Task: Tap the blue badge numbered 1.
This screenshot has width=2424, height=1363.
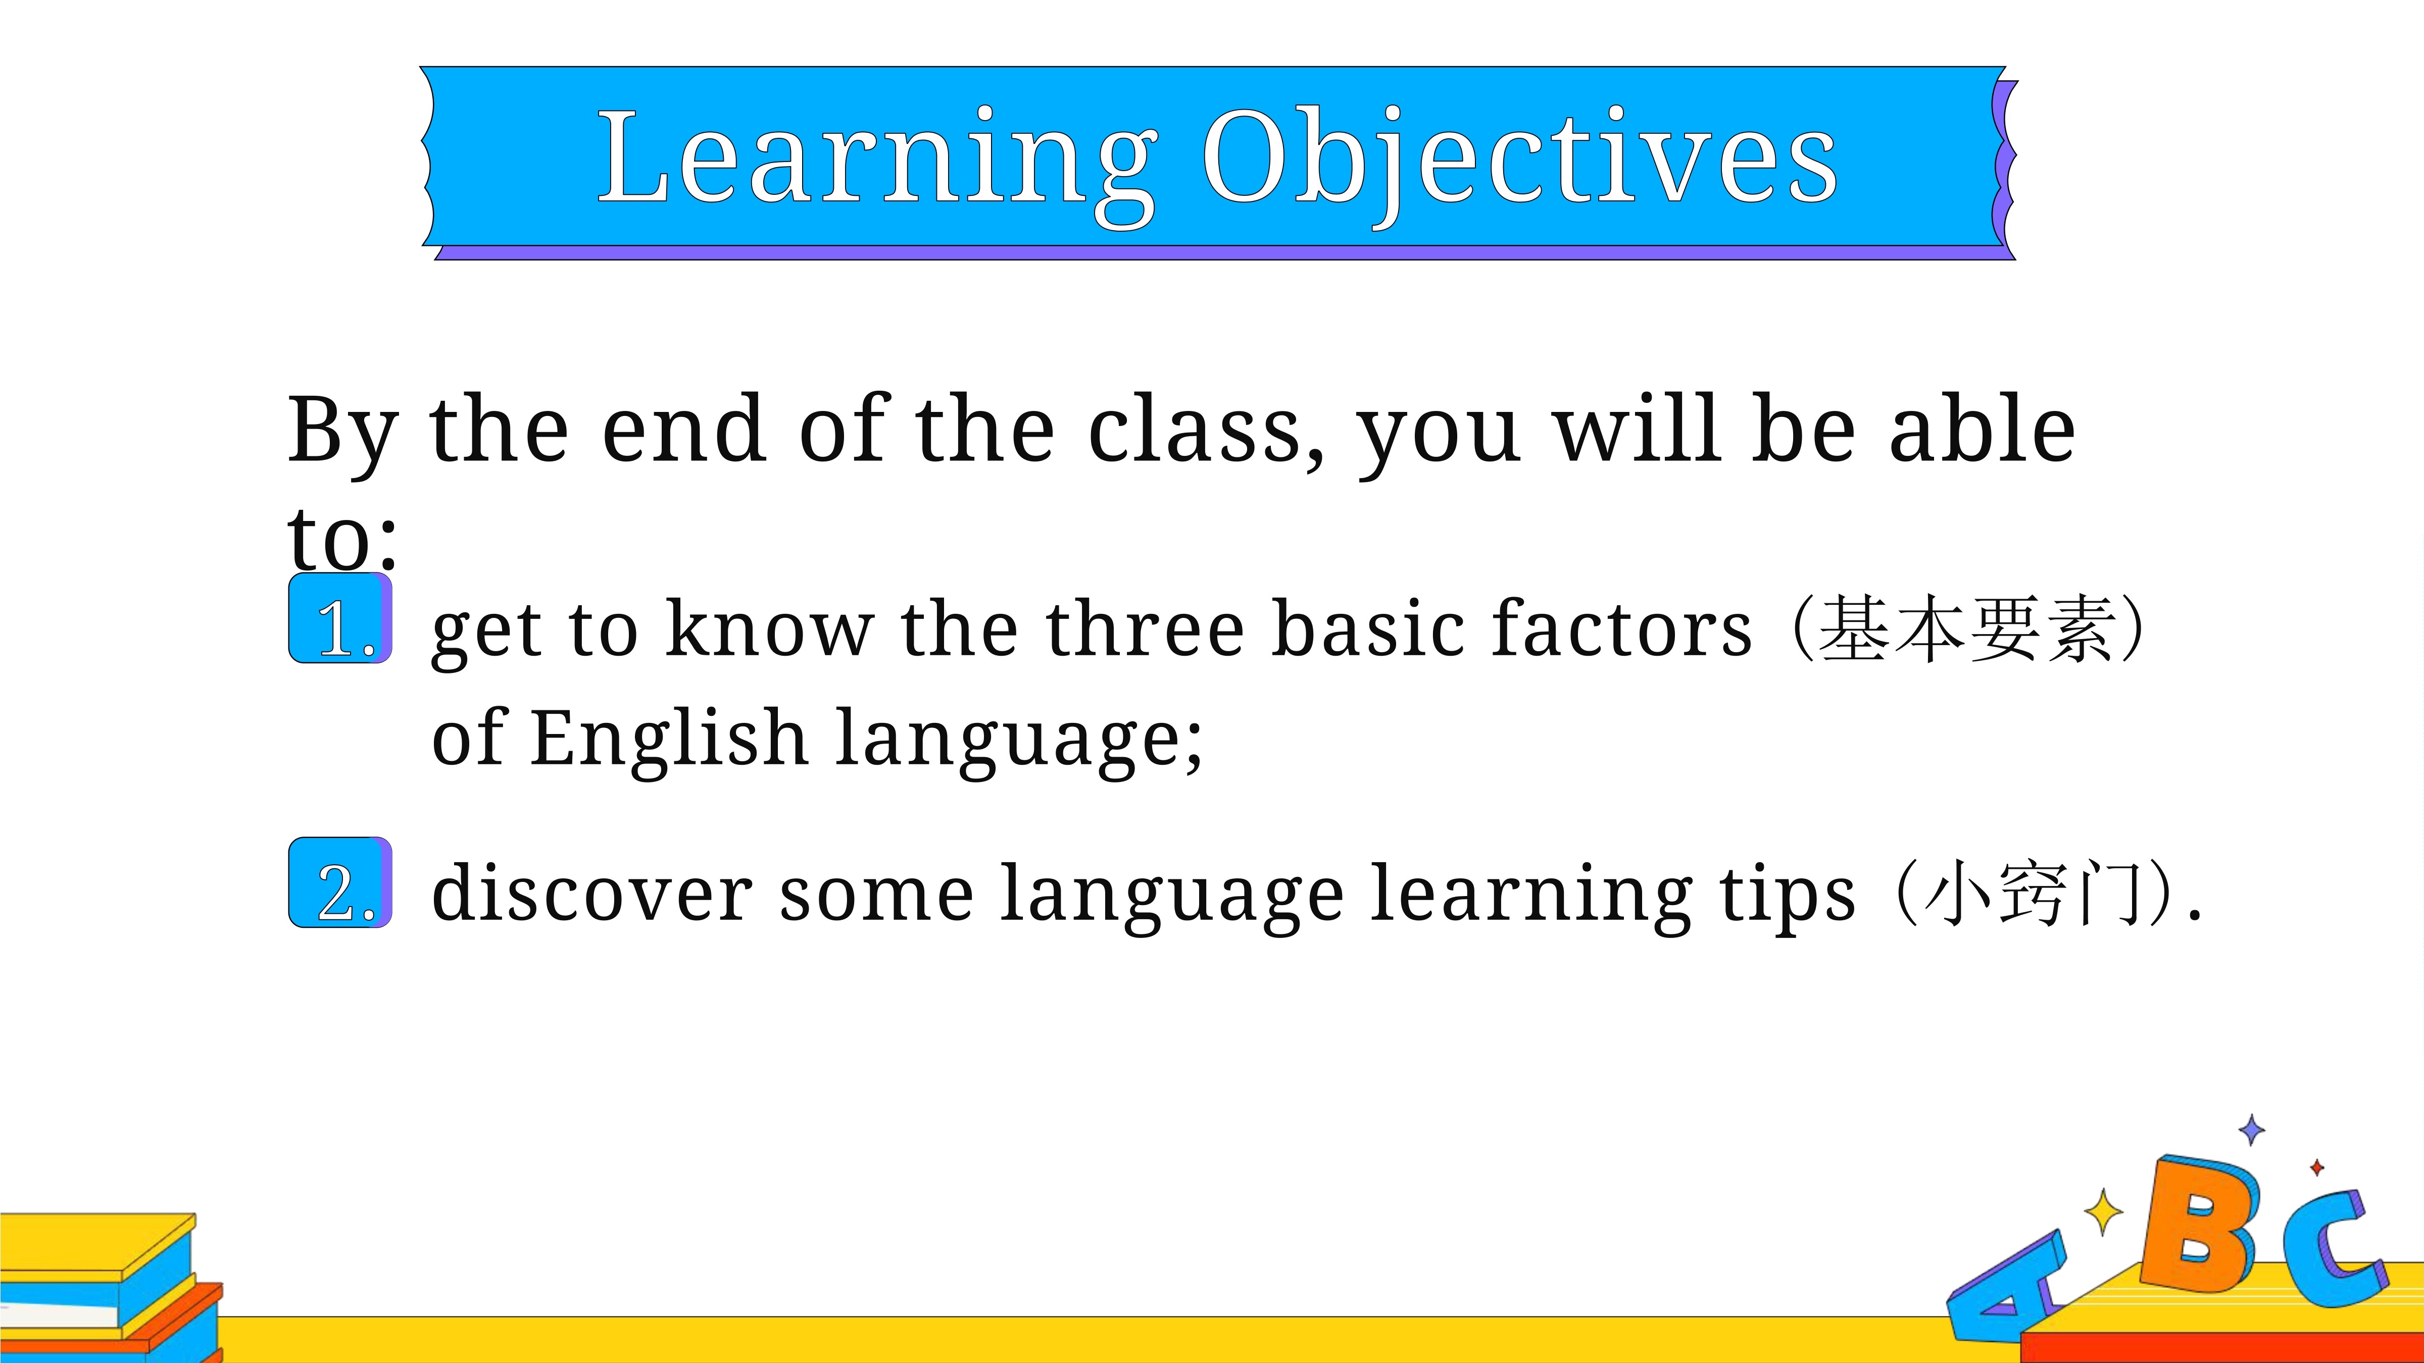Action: [340, 618]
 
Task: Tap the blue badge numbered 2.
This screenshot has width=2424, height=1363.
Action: [340, 882]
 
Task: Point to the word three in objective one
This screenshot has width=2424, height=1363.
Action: [1145, 628]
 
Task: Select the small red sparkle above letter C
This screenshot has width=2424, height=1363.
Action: [2317, 1168]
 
